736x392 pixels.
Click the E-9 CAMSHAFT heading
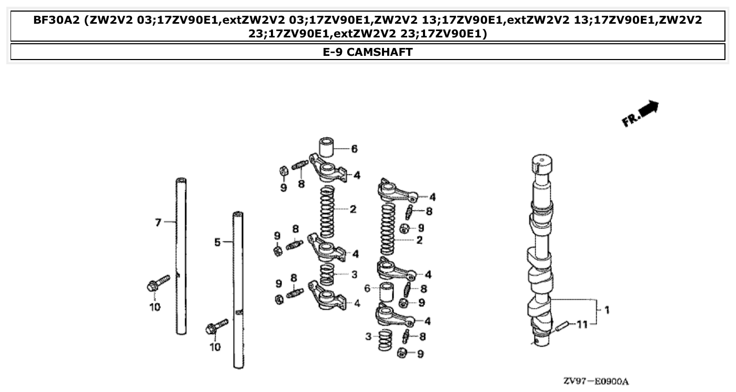coord(368,52)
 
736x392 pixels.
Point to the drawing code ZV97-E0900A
coord(596,381)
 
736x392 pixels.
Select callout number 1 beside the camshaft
coord(607,310)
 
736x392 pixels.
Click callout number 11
coord(581,325)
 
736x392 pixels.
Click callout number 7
coord(158,222)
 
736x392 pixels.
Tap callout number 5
coord(217,242)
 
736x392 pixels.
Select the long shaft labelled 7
coord(182,256)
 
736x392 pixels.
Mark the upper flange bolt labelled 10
coord(158,283)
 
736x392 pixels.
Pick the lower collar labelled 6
coord(387,292)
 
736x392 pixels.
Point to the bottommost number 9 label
coord(420,355)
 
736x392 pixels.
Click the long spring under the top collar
coord(328,212)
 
